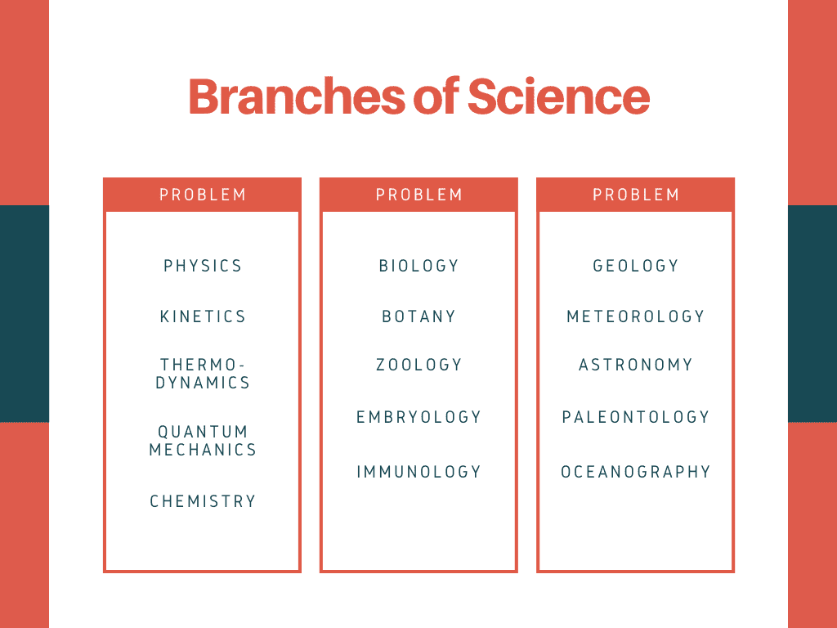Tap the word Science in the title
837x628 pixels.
(x=558, y=96)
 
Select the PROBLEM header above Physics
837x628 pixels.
(x=203, y=195)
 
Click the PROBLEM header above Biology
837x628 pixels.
(x=419, y=195)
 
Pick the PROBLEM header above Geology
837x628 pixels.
(x=636, y=195)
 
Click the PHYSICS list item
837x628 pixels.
(x=203, y=266)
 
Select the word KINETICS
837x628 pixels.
(x=203, y=316)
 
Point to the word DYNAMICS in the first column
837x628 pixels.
(x=203, y=383)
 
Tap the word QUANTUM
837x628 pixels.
(x=203, y=432)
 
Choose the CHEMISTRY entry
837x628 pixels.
(x=203, y=501)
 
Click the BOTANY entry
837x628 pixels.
(x=419, y=316)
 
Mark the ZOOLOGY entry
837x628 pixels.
(x=419, y=365)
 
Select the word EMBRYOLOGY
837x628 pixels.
(x=419, y=417)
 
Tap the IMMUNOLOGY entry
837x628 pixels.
(x=419, y=472)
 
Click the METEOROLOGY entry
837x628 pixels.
(x=636, y=316)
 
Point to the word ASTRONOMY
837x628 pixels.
(x=636, y=365)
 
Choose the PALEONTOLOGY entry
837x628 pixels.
(x=636, y=417)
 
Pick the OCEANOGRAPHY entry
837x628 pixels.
(x=636, y=472)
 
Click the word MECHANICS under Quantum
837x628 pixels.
(x=203, y=450)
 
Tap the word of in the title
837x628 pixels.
(x=435, y=96)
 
